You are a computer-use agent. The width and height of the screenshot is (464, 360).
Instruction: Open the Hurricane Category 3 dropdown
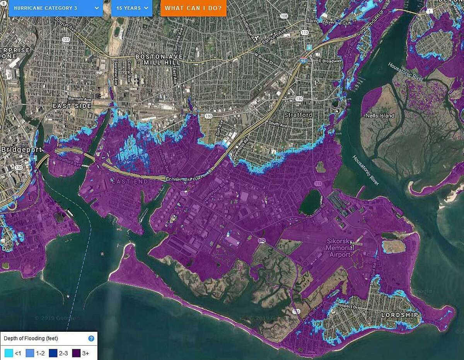pos(56,8)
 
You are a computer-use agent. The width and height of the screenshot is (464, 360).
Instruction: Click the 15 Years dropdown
pos(131,8)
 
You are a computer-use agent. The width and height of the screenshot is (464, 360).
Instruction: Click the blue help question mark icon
pos(91,339)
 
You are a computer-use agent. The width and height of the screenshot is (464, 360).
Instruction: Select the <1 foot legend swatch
pos(8,353)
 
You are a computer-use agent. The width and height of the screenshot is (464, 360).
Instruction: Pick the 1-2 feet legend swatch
pos(30,353)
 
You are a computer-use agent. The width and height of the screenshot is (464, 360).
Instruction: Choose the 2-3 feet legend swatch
pos(53,353)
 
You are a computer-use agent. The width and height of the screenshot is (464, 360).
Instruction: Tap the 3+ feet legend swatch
pos(76,353)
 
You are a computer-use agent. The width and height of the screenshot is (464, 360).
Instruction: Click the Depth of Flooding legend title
pos(31,339)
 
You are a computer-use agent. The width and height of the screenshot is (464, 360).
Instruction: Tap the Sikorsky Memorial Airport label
pos(338,248)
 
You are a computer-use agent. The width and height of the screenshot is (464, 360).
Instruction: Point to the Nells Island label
pos(380,116)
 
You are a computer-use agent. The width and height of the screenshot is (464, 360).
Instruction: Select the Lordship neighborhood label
pos(399,315)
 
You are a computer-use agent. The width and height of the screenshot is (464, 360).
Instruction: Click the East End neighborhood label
pos(125,181)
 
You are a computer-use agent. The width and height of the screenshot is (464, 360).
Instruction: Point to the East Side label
pos(72,106)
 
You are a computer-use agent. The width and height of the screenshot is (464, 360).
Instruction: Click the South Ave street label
pos(278,124)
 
